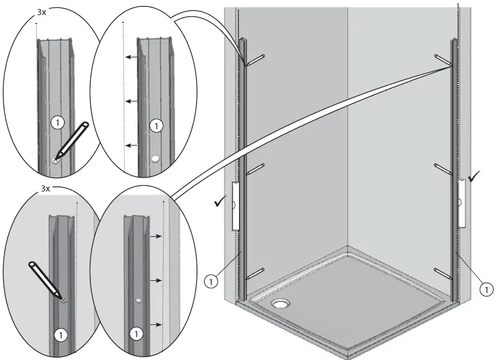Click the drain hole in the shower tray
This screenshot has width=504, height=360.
point(281,303)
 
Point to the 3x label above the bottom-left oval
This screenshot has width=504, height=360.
point(45,189)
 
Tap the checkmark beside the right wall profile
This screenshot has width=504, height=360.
point(475,177)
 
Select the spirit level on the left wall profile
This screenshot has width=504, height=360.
point(235,206)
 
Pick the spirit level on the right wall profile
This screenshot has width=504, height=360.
point(461,202)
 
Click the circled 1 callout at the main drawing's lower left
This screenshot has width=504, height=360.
point(211,280)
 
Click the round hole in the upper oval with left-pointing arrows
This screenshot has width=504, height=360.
point(156,159)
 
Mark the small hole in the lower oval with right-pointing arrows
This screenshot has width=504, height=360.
point(139,300)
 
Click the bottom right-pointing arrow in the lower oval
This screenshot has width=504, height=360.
point(155,325)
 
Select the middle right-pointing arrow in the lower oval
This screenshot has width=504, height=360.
point(155,280)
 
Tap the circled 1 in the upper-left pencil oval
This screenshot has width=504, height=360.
point(57,122)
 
